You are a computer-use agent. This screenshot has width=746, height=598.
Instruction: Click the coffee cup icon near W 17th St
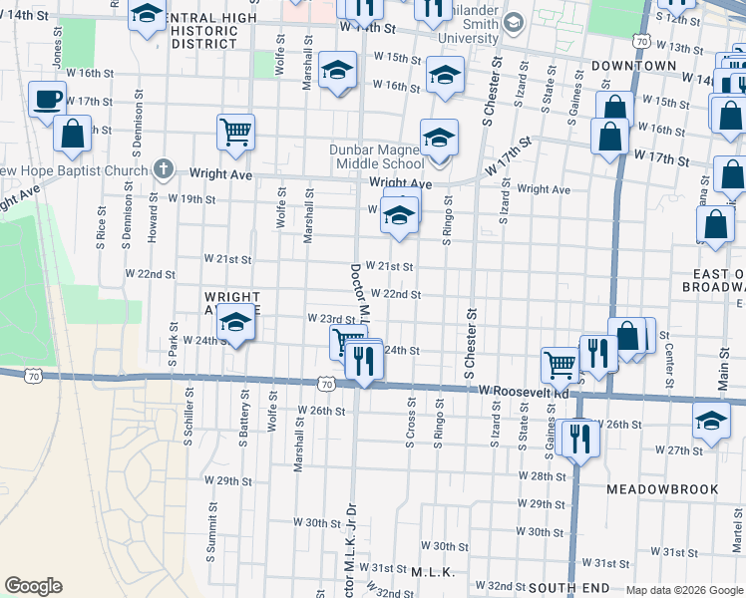click(x=48, y=100)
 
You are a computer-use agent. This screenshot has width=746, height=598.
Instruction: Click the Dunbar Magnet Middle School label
click(x=377, y=157)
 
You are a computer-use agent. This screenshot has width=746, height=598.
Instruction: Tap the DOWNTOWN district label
click(x=633, y=65)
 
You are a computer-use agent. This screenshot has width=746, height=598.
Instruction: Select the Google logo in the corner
click(x=33, y=586)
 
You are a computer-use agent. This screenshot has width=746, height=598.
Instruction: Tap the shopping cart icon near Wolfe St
click(x=236, y=131)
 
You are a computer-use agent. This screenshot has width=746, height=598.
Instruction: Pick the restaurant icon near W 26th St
click(x=576, y=438)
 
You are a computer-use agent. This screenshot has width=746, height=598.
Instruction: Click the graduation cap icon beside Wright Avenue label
click(x=236, y=323)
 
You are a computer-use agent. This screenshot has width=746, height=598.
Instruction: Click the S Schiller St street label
click(x=187, y=418)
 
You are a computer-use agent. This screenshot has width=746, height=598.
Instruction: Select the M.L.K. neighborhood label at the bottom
click(x=433, y=572)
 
